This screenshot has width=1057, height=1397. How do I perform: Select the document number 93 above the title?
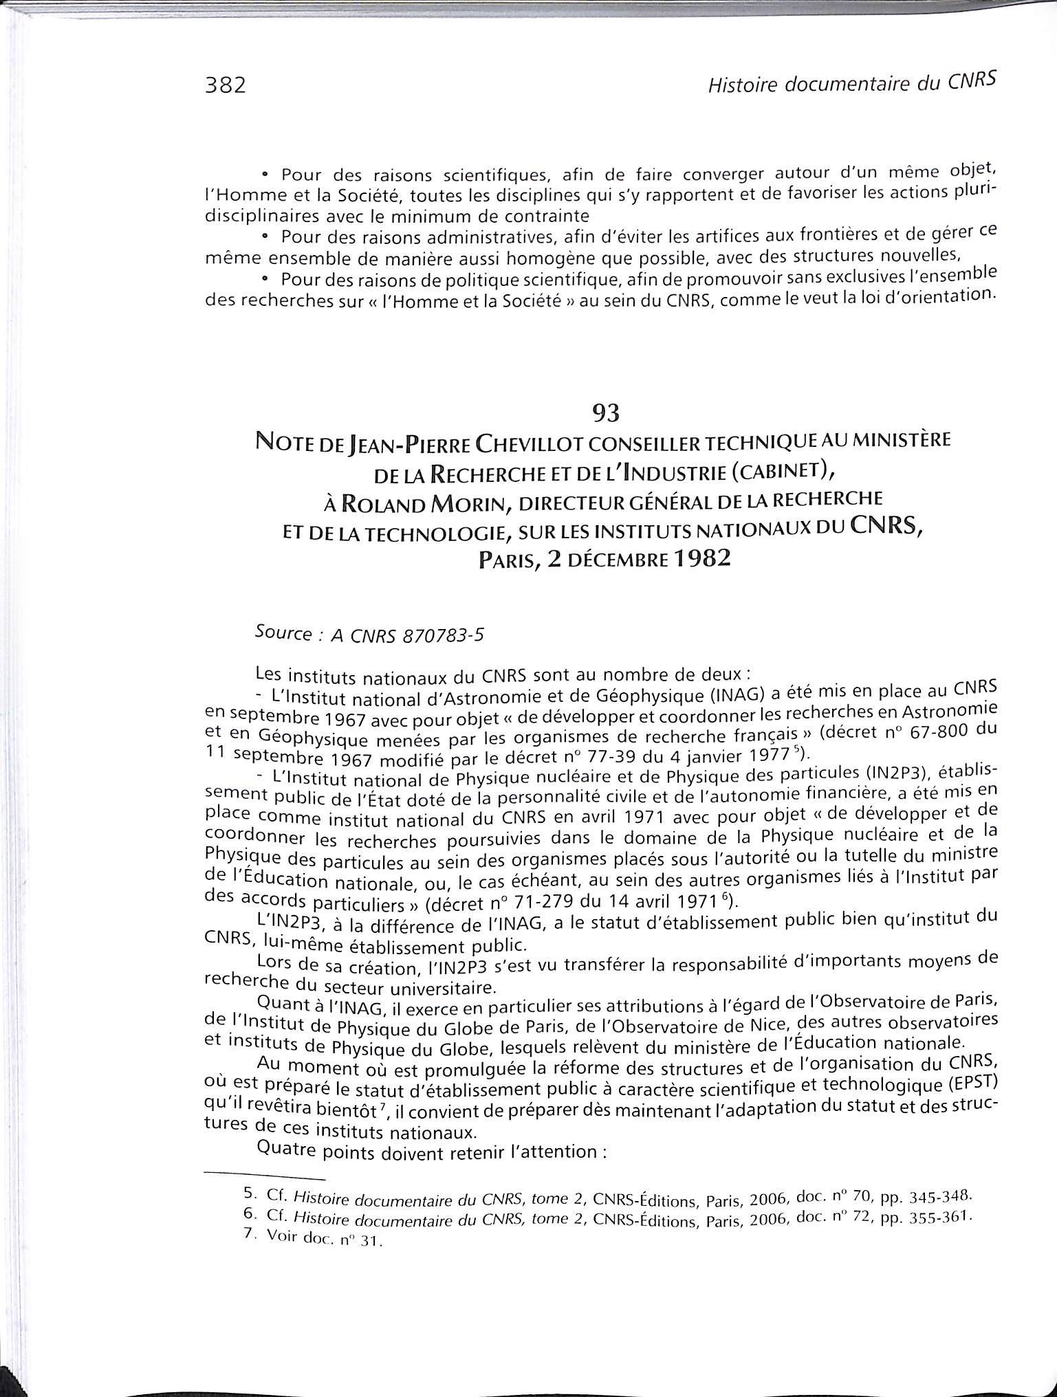click(x=606, y=412)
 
